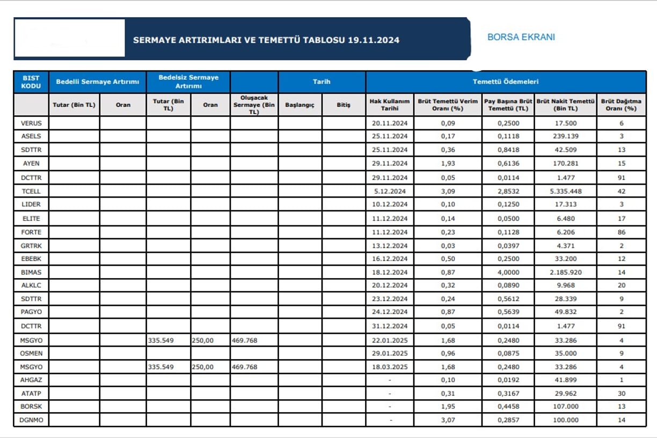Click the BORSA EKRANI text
coord(521,37)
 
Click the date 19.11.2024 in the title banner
coord(374,40)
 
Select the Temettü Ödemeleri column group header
coord(506,82)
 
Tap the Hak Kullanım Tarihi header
coord(390,105)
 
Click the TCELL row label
coord(31,191)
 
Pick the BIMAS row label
coord(31,272)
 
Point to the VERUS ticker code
coord(31,123)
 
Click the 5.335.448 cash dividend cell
coord(566,191)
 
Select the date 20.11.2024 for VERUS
coord(390,123)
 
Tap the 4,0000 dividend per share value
coord(508,272)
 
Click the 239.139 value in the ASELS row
coord(566,136)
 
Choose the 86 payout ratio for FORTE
coord(622,232)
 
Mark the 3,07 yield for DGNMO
coord(448,420)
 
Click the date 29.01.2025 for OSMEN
coord(390,353)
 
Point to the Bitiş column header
coord(344,105)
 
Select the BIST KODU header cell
coord(31,82)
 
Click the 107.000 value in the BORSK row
coord(566,406)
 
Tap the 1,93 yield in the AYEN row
coord(448,163)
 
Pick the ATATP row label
coord(31,393)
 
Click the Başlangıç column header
coord(300,105)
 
